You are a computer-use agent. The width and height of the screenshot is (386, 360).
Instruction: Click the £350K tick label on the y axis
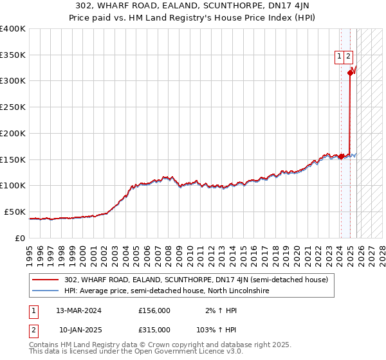coord(13,55)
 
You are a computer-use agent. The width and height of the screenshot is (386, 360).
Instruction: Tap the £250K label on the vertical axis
coord(13,107)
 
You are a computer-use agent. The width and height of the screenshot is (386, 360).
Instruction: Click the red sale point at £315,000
coord(350,73)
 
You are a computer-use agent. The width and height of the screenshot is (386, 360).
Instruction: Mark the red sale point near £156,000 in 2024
coord(341,156)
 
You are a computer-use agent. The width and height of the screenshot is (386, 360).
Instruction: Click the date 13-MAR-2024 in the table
coord(78,310)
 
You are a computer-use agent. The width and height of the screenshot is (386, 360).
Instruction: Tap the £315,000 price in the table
coord(154,329)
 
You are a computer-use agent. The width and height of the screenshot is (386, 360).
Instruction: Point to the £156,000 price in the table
coord(154,310)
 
